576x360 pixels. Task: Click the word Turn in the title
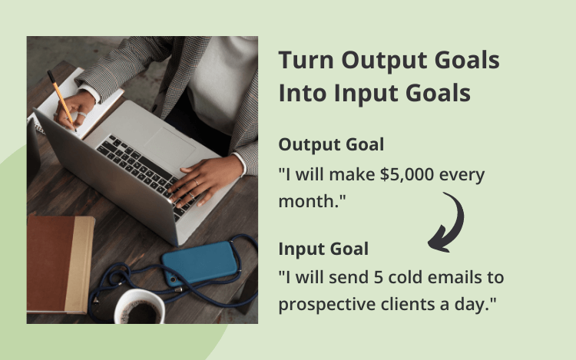point(306,60)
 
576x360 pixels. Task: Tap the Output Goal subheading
point(331,144)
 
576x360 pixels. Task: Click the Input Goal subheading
point(323,249)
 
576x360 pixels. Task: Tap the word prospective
point(327,305)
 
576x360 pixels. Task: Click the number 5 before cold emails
point(379,277)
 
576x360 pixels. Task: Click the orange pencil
point(61,101)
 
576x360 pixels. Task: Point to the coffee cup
point(140,307)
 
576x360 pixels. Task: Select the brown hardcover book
point(61,264)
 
